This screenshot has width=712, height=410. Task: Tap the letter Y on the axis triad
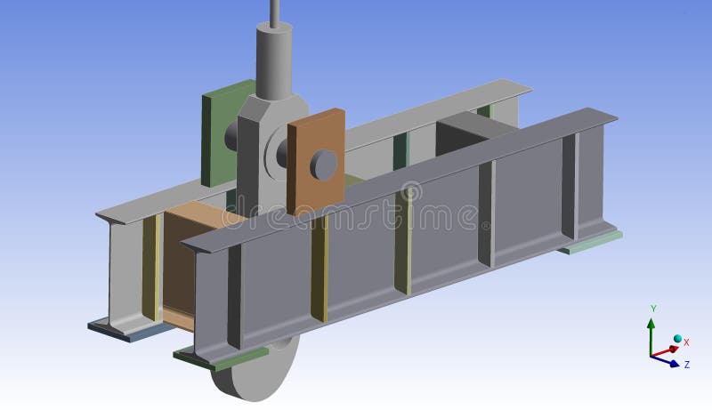653,309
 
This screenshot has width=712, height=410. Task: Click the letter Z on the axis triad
686,364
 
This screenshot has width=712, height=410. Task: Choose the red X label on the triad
686,342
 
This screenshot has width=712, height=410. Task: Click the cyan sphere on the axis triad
677,340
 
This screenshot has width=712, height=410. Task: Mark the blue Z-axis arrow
667,361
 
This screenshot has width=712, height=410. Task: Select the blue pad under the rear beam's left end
125,331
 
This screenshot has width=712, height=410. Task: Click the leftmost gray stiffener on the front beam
233,298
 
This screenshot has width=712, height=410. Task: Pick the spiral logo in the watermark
410,191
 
